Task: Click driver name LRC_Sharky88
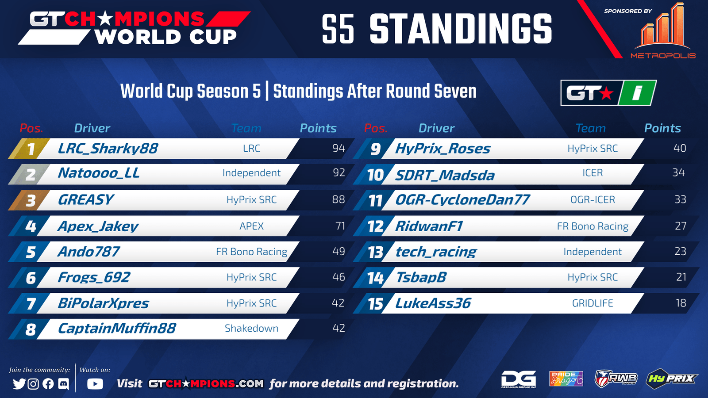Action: [108, 149]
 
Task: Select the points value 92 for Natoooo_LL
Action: [339, 172]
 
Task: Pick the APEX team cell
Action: [252, 226]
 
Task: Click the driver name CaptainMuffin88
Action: [117, 328]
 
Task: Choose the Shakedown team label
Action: [252, 328]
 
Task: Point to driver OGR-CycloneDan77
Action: [462, 199]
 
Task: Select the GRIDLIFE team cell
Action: [593, 303]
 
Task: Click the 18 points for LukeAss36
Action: [681, 303]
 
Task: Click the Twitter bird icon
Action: [19, 384]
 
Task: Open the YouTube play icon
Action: [95, 384]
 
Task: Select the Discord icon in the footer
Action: [64, 384]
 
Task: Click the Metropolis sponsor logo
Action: [663, 31]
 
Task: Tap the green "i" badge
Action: [637, 93]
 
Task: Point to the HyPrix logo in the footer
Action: [671, 379]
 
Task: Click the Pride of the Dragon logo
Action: [566, 379]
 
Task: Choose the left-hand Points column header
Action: [318, 128]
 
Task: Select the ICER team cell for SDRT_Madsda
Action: [593, 173]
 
